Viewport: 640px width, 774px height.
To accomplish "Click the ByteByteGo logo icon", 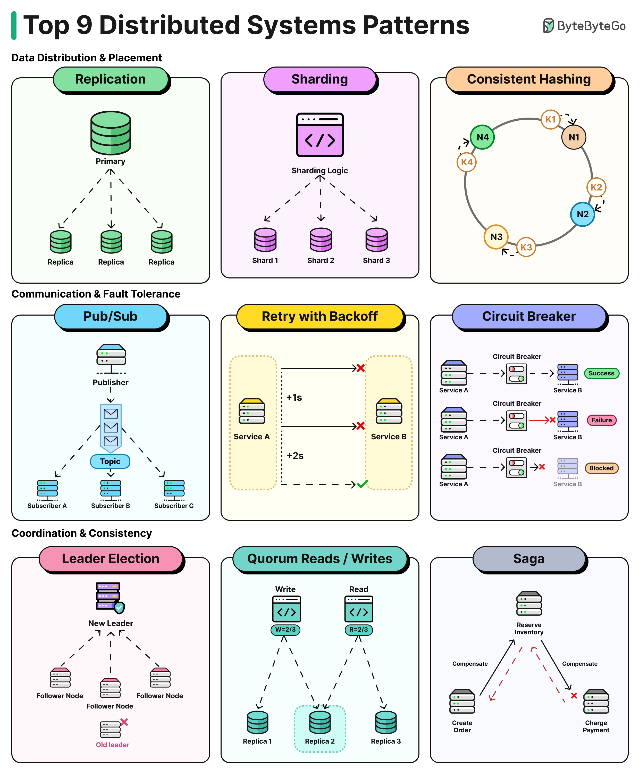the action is (x=548, y=26).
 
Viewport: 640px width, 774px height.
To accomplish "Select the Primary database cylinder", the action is (x=111, y=133).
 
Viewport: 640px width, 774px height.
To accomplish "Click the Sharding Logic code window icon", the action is (x=320, y=135).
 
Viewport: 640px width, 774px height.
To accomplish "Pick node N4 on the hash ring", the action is (x=482, y=137).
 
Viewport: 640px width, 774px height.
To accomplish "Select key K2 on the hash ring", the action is (x=596, y=187).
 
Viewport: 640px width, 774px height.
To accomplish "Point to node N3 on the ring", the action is (x=496, y=237).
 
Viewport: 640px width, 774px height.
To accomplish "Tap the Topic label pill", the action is (x=110, y=462).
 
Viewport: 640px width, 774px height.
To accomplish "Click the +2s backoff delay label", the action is (x=295, y=456).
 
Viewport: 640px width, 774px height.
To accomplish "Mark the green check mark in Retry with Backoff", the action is (x=362, y=484).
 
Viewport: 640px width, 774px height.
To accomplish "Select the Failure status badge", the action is (x=601, y=420).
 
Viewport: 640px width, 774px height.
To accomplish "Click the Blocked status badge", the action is (x=601, y=468).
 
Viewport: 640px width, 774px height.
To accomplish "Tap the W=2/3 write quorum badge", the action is (x=285, y=630).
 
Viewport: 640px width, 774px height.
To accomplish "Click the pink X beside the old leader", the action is (x=124, y=722).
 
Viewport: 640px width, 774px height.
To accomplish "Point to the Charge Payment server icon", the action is (x=596, y=701).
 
